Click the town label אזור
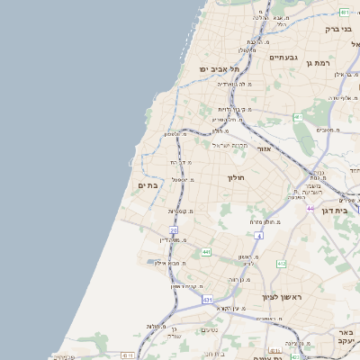pyautogui.click(x=264, y=148)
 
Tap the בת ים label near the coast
pyautogui.click(x=147, y=184)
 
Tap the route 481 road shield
pyautogui.click(x=345, y=12)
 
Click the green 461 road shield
pyautogui.click(x=298, y=117)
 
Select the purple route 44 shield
pyautogui.click(x=310, y=209)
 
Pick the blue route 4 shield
pyautogui.click(x=257, y=235)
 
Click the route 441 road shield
pyautogui.click(x=206, y=253)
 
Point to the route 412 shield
pyautogui.click(x=281, y=264)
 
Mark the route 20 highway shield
pyautogui.click(x=174, y=230)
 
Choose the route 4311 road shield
pyautogui.click(x=127, y=355)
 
